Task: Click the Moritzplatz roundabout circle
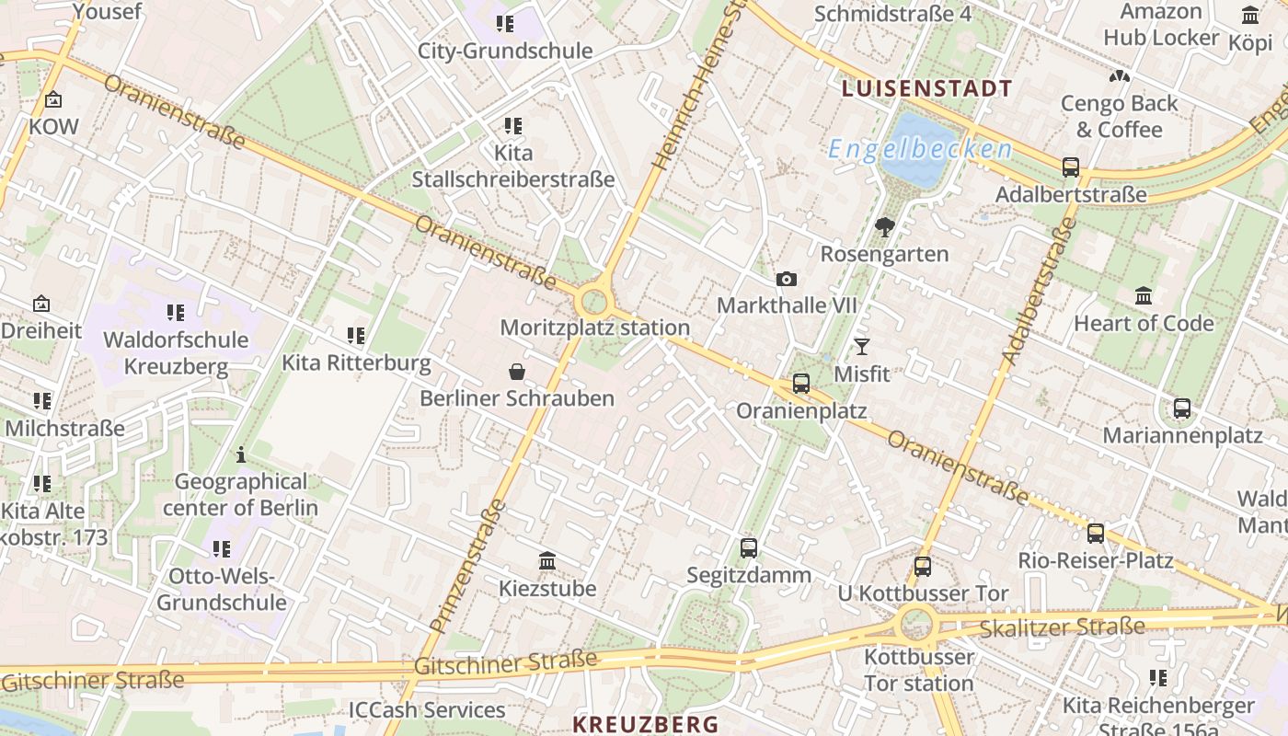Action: click(594, 301)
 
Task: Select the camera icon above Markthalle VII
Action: click(787, 279)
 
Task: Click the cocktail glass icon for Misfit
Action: click(861, 347)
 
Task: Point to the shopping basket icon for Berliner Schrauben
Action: click(517, 372)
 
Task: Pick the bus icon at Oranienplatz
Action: click(801, 384)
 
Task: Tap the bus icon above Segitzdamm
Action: click(749, 548)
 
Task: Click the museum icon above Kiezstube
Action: click(547, 560)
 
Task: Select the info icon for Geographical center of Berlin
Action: click(241, 454)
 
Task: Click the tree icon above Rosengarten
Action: click(885, 226)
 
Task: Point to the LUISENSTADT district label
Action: click(926, 89)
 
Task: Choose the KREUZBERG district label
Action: click(645, 724)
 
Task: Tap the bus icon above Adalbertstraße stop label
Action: click(1071, 167)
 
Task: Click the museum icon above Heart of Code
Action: click(1144, 295)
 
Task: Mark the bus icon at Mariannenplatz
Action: click(1182, 408)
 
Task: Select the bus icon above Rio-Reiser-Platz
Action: click(1096, 533)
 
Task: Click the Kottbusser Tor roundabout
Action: click(916, 626)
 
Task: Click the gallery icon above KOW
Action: click(53, 99)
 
